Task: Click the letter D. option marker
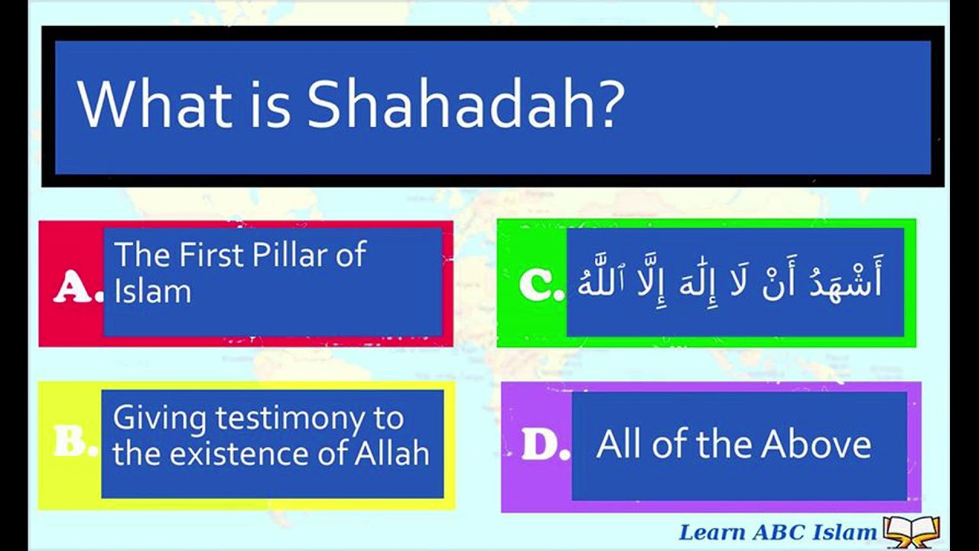(x=545, y=446)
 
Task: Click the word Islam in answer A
(x=152, y=292)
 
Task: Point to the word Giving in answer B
(x=159, y=419)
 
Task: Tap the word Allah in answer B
(x=392, y=454)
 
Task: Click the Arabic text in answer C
(x=730, y=282)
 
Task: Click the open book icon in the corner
(x=911, y=530)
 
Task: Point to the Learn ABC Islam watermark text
(x=778, y=531)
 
